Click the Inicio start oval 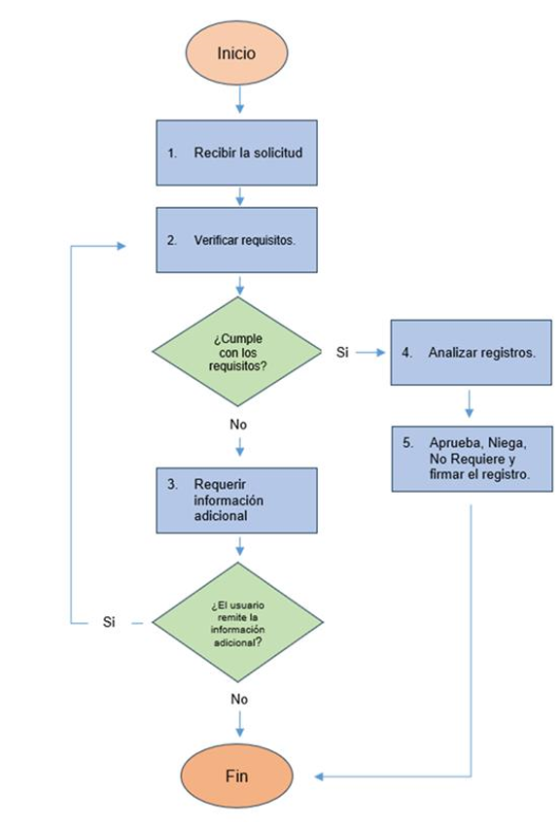[x=236, y=52]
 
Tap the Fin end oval [x=236, y=776]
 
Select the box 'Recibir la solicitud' [x=236, y=153]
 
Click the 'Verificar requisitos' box [x=236, y=240]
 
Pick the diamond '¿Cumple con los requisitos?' [x=236, y=352]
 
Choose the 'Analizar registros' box [x=472, y=352]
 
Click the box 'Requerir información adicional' [x=236, y=500]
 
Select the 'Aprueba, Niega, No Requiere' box [x=472, y=459]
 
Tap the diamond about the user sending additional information [x=238, y=622]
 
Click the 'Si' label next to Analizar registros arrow [x=342, y=352]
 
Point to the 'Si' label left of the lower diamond [x=109, y=622]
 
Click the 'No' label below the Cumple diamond [x=238, y=425]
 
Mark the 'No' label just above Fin [x=239, y=699]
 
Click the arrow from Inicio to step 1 [x=240, y=99]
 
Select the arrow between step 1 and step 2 [x=240, y=196]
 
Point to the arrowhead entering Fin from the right [x=319, y=776]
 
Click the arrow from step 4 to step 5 [x=469, y=404]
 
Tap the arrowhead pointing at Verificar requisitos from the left [x=122, y=246]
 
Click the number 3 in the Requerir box [x=172, y=484]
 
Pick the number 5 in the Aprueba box [x=407, y=442]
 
